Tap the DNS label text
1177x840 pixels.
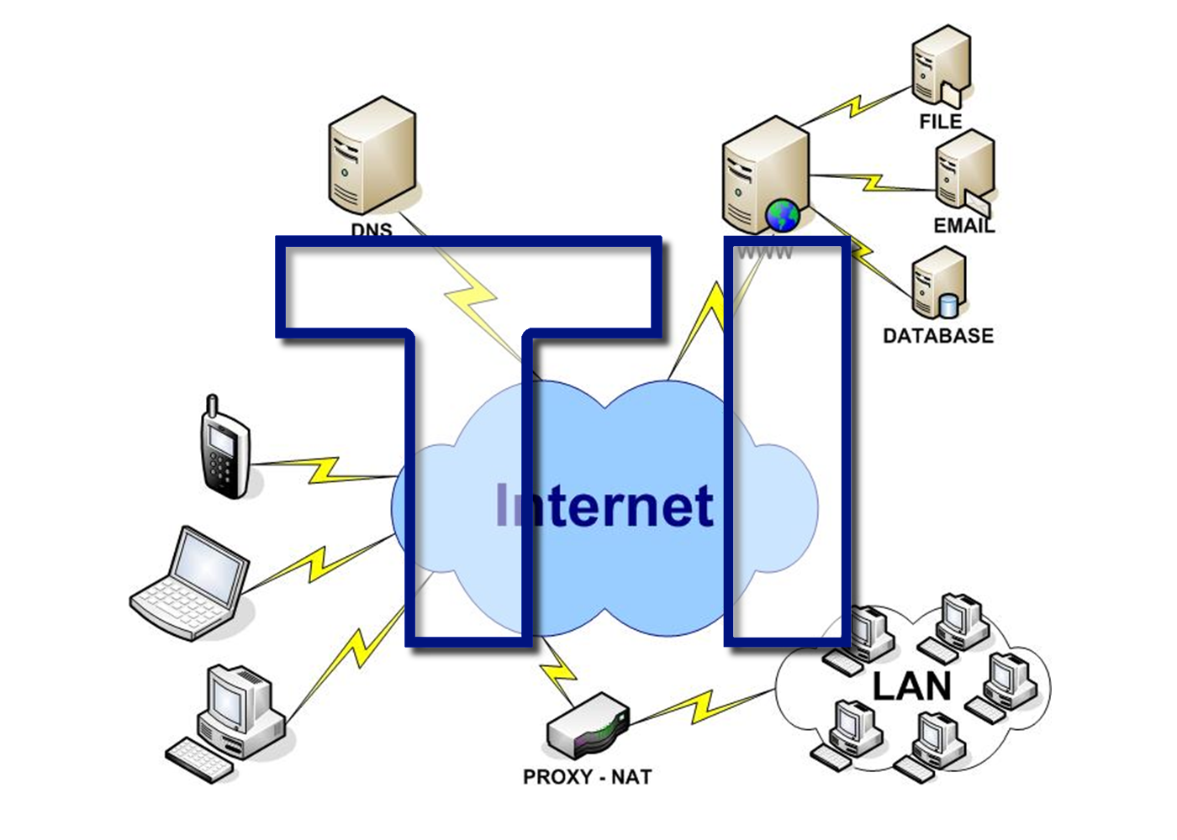click(x=372, y=229)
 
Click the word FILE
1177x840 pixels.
click(x=941, y=122)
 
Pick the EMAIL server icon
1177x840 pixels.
click(x=963, y=173)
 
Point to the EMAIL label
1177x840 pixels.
click(x=963, y=225)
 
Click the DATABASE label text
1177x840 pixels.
click(x=938, y=336)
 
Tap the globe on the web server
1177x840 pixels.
click(x=783, y=216)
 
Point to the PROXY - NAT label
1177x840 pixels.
click(x=587, y=777)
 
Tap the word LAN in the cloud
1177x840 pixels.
click(x=912, y=686)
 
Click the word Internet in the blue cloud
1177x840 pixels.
click(x=605, y=507)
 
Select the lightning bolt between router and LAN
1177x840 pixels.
click(x=702, y=706)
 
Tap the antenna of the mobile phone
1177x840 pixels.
click(x=213, y=407)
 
